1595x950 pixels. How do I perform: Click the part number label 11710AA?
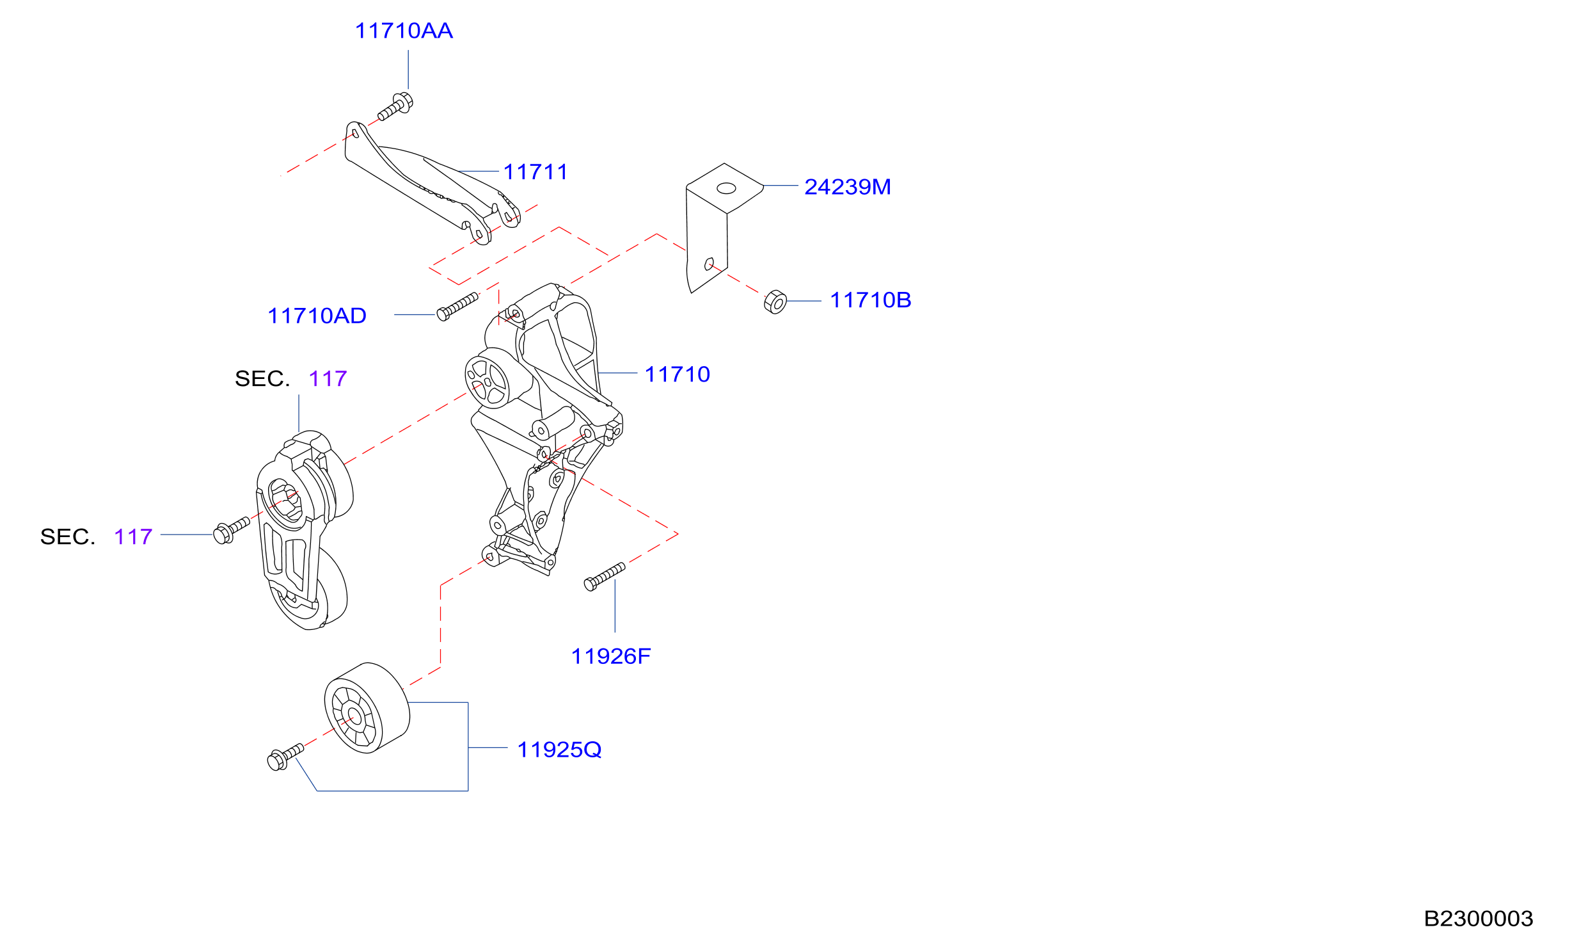pyautogui.click(x=404, y=31)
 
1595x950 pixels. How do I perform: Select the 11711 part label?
pyautogui.click(x=536, y=172)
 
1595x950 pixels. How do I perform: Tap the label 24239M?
pyautogui.click(x=847, y=187)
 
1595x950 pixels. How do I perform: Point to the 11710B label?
pyautogui.click(x=870, y=300)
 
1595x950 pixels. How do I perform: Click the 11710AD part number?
pyautogui.click(x=317, y=316)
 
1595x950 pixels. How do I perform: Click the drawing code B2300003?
pyautogui.click(x=1478, y=919)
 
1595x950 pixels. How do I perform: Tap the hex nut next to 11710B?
pyautogui.click(x=775, y=302)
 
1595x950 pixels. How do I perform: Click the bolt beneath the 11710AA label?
pyautogui.click(x=395, y=107)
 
